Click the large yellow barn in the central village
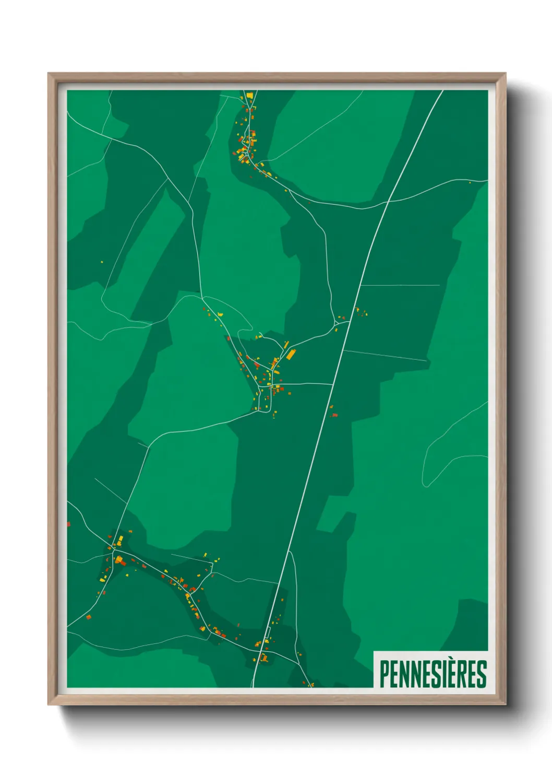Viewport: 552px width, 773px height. tap(291, 355)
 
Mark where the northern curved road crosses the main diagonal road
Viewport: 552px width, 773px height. tap(389, 201)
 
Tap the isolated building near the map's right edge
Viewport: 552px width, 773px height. tap(470, 182)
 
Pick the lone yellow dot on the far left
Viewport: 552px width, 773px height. tap(102, 262)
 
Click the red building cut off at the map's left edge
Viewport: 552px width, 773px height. tap(68, 523)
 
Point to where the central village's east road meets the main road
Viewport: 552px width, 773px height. tap(332, 384)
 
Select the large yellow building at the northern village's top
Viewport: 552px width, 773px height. tap(249, 96)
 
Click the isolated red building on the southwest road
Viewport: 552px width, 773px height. tap(88, 617)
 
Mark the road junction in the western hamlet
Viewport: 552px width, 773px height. tap(114, 551)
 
